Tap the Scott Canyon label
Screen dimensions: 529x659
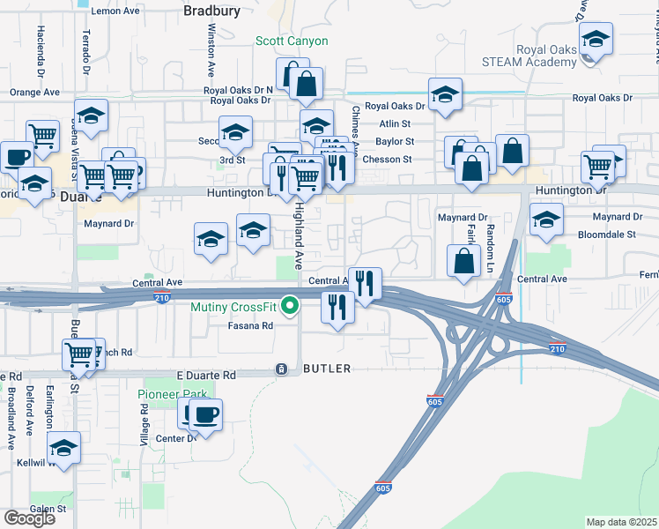click(x=292, y=41)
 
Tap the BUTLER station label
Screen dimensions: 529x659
click(x=326, y=369)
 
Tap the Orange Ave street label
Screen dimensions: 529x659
click(x=34, y=92)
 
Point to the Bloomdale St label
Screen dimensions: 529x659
click(x=607, y=235)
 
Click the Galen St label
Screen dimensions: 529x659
click(x=48, y=509)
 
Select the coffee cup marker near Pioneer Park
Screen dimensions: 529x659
click(x=204, y=414)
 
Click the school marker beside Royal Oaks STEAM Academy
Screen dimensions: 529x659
click(x=596, y=41)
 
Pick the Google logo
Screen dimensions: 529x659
click(x=29, y=518)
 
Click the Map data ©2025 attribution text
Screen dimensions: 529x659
click(x=622, y=522)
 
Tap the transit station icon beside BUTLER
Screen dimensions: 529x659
click(x=281, y=369)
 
